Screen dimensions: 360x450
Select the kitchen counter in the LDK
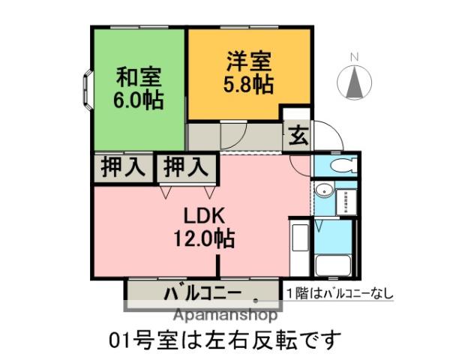[x=298, y=248]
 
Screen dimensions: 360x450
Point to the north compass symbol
[x=356, y=80]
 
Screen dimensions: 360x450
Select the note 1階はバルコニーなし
[x=339, y=293]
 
